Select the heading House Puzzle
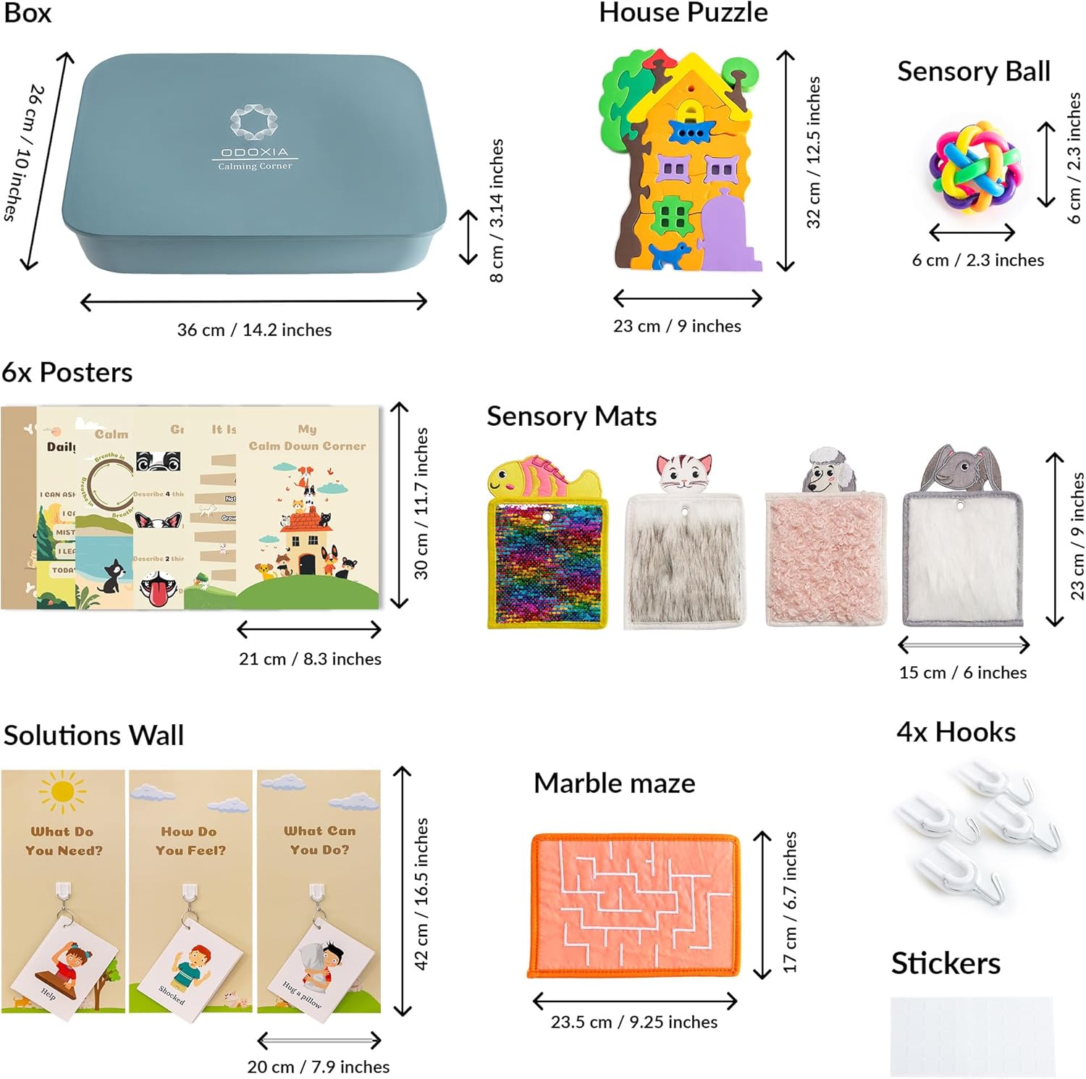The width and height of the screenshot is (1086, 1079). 683,12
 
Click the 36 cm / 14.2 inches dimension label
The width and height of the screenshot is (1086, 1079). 254,330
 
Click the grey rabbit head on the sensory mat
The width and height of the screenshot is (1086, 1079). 960,469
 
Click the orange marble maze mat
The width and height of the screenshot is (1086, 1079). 635,904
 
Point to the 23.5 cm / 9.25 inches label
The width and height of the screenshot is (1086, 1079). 633,1022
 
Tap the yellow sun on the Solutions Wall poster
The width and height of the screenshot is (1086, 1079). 62,792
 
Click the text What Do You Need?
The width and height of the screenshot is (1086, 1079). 63,841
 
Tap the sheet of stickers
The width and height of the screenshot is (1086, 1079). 972,1036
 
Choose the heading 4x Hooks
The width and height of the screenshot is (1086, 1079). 956,732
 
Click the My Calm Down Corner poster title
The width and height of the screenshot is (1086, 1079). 307,437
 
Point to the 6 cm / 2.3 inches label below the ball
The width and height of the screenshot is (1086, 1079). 977,260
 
